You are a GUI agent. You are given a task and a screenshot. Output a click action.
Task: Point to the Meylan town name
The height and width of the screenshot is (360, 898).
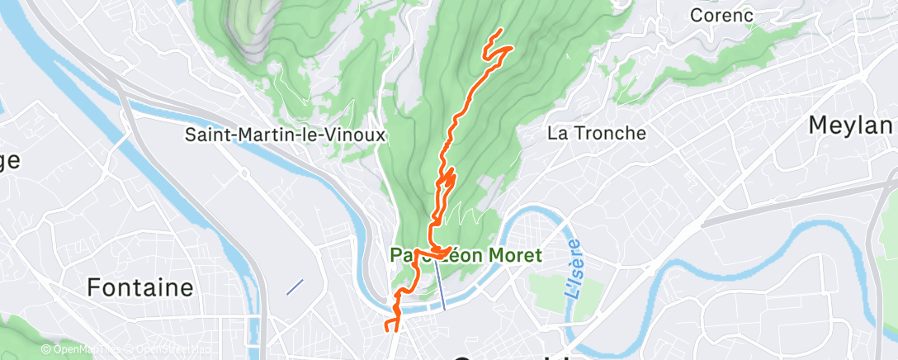pyautogui.click(x=851, y=125)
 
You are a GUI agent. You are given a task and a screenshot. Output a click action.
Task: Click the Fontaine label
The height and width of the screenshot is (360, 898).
pyautogui.click(x=139, y=287)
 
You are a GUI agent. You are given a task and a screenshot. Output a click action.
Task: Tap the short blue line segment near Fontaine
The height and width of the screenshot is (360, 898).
pyautogui.click(x=295, y=287)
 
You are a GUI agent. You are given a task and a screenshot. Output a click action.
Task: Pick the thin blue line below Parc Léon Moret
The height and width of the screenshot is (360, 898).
pyautogui.click(x=441, y=288)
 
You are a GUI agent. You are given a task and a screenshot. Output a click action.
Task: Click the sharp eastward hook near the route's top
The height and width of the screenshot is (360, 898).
pyautogui.click(x=511, y=49)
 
